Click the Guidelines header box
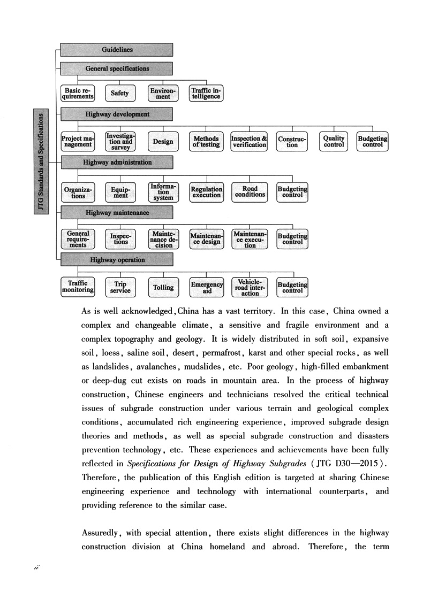tap(117, 50)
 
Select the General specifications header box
tap(117, 68)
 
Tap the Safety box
tap(120, 93)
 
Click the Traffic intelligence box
tap(206, 93)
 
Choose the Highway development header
tap(117, 114)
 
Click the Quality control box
tap(334, 142)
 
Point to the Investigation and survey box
tap(120, 142)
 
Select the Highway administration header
tap(117, 162)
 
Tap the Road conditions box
tap(250, 191)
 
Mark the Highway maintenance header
tap(117, 213)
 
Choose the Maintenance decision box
tap(163, 239)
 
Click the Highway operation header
tap(117, 260)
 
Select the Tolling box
tap(163, 287)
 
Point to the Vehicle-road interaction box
tap(250, 287)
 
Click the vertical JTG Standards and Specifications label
tap(42, 161)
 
